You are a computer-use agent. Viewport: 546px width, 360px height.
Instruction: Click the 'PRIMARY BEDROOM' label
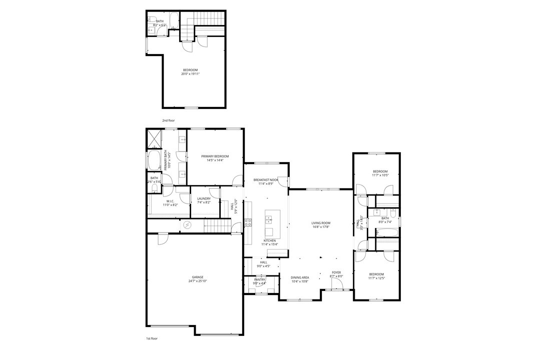tap(215, 156)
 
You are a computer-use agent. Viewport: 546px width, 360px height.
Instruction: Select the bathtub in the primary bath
tap(154, 161)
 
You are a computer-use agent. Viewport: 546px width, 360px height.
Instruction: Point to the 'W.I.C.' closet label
tap(170, 201)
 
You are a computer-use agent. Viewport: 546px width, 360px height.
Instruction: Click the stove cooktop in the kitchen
tap(248, 223)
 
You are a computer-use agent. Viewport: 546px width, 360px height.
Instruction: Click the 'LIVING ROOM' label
tap(321, 223)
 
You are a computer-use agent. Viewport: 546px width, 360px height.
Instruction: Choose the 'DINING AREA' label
tap(300, 277)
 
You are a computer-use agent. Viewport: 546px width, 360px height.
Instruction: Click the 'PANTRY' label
tap(259, 279)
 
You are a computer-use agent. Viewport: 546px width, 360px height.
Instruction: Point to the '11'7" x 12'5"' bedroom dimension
tap(376, 278)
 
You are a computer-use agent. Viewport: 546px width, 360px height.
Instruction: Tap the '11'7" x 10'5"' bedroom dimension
tap(380, 175)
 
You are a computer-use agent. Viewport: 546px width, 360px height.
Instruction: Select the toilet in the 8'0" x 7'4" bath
tap(393, 213)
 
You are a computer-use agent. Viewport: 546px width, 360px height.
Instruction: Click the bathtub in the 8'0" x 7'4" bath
tap(387, 232)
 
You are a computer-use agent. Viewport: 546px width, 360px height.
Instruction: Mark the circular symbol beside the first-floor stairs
tap(188, 225)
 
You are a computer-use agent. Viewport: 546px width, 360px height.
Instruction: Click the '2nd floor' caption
tap(168, 120)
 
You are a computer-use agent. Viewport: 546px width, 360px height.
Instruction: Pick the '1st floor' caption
tap(152, 338)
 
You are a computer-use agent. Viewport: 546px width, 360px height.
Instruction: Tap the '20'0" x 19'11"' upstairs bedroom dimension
tap(190, 74)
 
